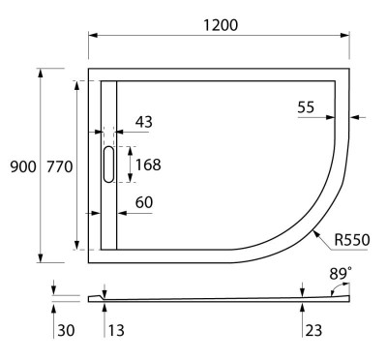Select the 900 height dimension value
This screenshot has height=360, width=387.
point(23,167)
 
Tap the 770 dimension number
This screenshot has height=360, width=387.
point(59,167)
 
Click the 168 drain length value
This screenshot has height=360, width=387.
point(148,164)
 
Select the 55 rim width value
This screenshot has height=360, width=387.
point(306,108)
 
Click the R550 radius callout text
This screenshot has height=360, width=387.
point(353,239)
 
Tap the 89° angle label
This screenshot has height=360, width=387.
point(340,275)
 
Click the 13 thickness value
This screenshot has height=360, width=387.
point(115,331)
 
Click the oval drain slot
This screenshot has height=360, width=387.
point(107,164)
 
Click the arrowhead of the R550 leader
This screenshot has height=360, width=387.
point(313,231)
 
